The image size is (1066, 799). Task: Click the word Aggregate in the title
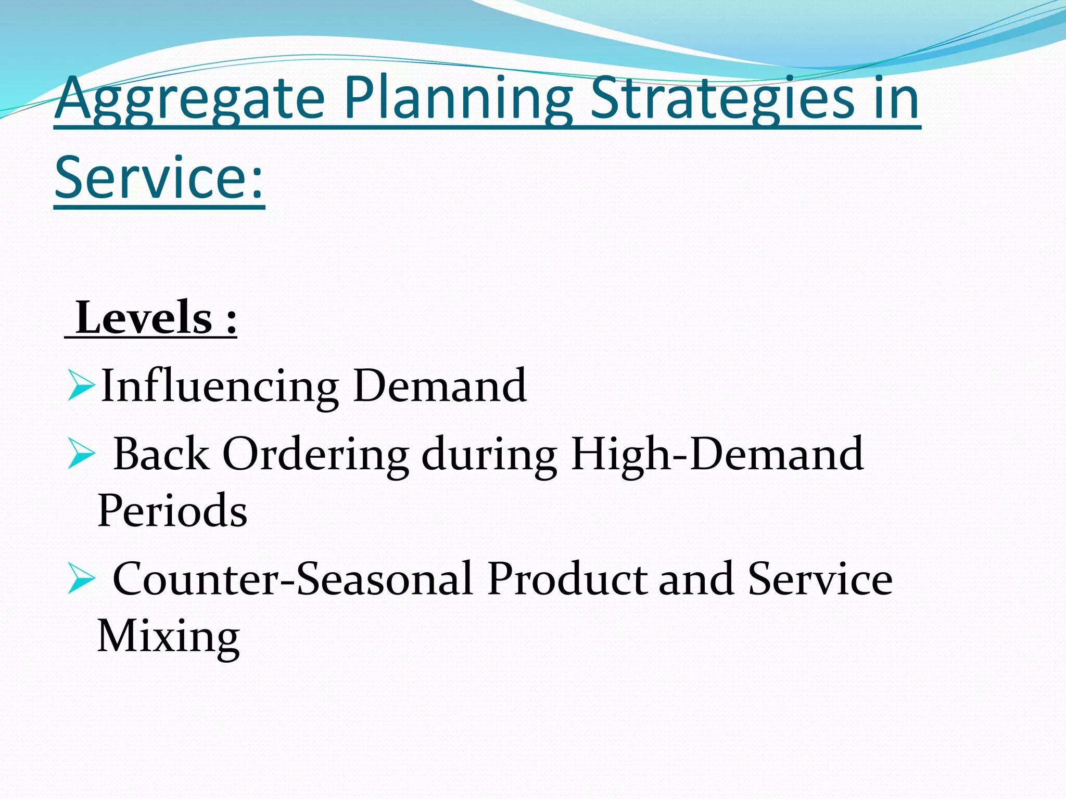point(189,99)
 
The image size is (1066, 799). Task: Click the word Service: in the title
point(159,178)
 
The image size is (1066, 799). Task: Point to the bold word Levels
point(144,318)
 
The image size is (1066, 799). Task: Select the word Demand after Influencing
point(440,385)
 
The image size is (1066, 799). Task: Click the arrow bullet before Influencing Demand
point(81,386)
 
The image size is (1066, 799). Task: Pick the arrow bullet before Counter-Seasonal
point(81,579)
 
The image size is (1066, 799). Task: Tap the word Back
point(161,454)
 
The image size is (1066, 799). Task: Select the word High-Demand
point(717,454)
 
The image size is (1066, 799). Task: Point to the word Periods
point(172,511)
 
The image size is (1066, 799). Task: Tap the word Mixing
point(168,637)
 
